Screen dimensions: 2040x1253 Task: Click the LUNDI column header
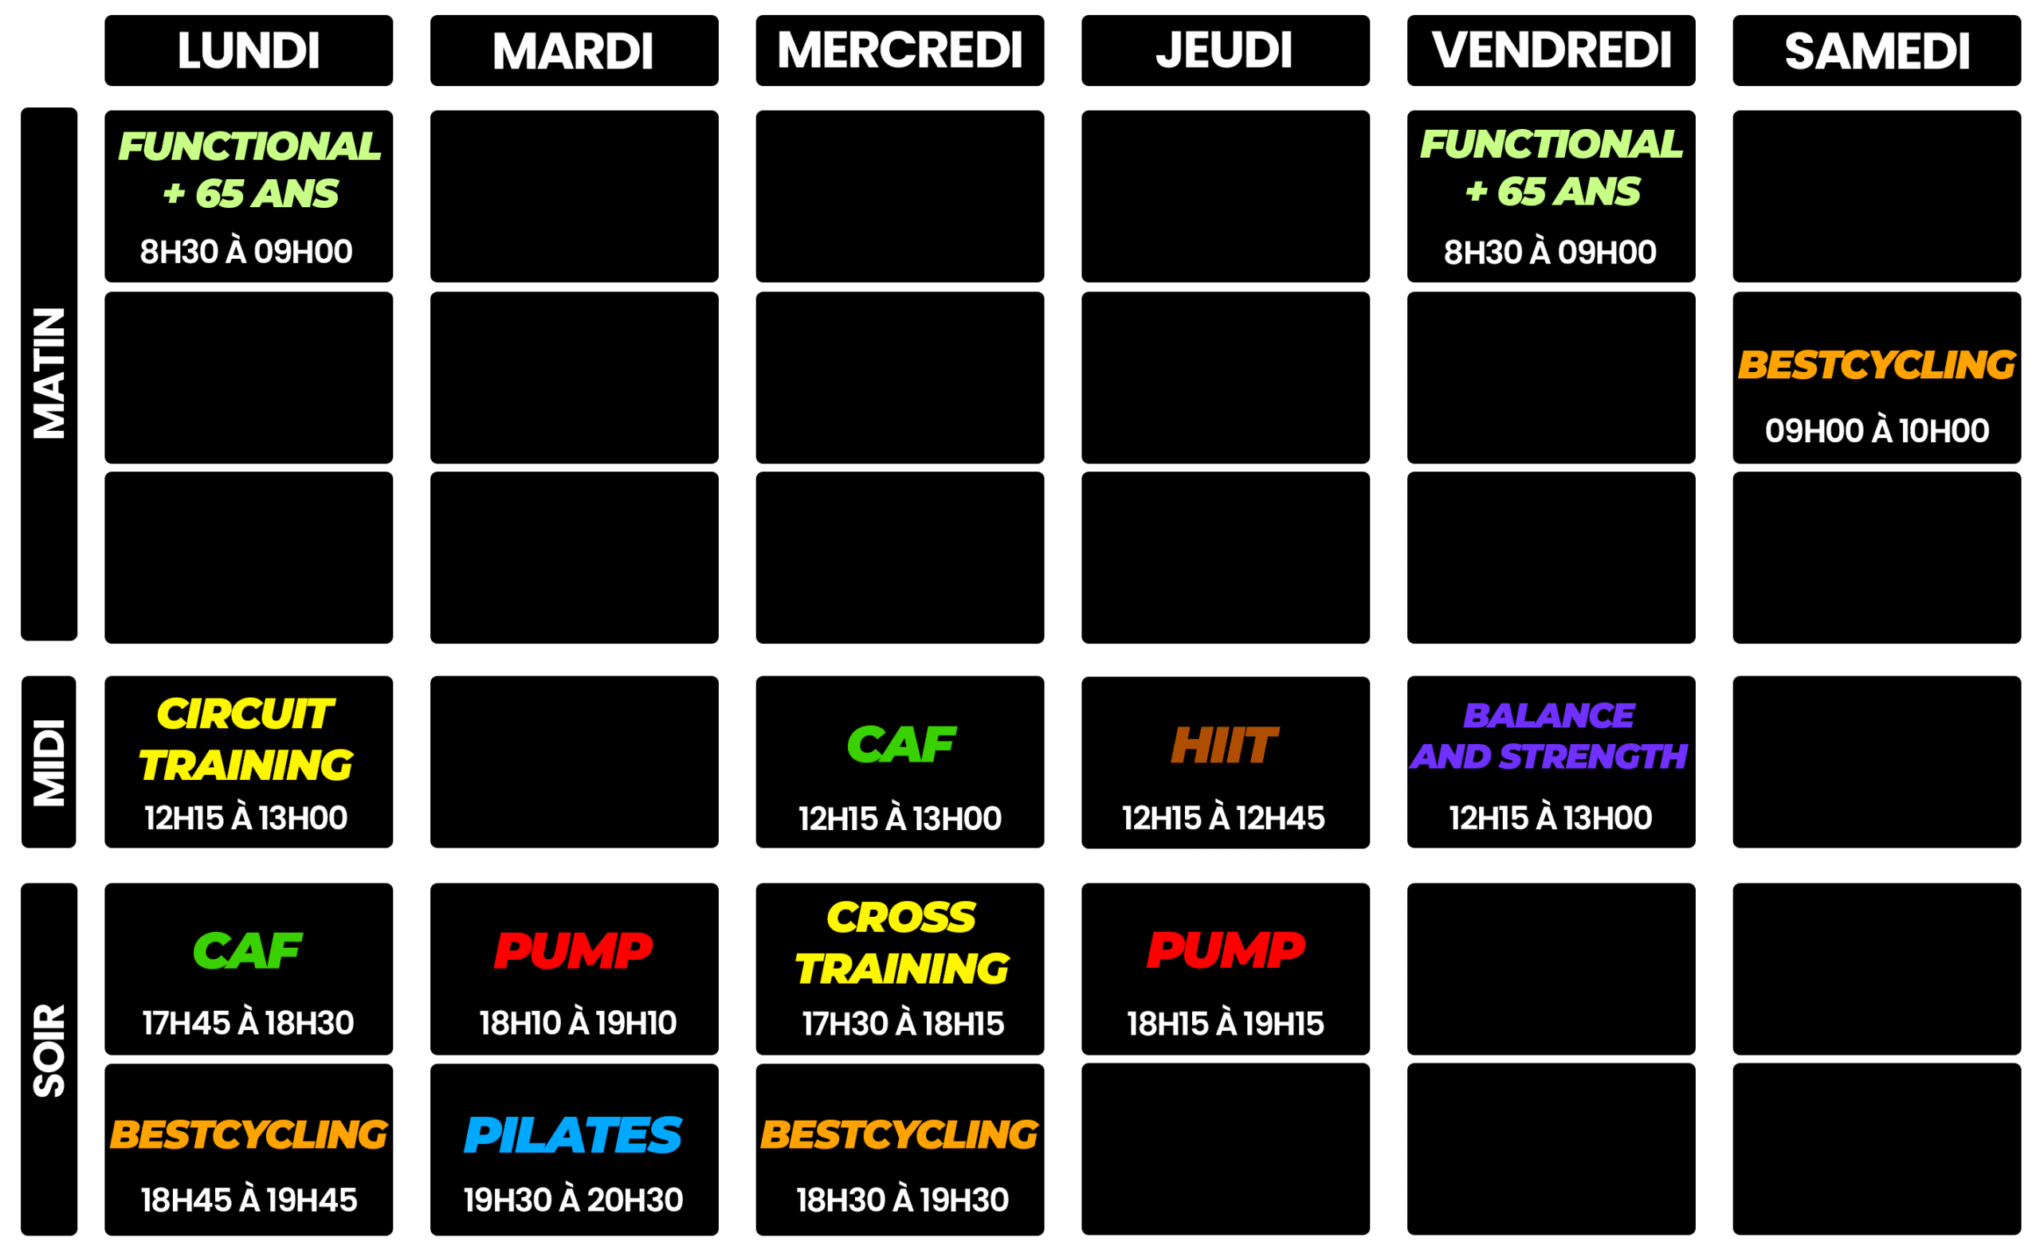[249, 50]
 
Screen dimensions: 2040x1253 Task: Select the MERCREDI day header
[900, 50]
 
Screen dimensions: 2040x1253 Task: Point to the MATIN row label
[49, 373]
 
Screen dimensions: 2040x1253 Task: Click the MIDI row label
[49, 762]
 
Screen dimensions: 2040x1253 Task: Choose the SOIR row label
[49, 1051]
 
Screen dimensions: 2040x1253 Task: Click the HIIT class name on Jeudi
[1223, 744]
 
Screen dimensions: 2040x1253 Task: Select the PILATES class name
[573, 1134]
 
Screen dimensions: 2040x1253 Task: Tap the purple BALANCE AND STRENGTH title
[1548, 736]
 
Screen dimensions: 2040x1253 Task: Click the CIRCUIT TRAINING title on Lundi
[246, 739]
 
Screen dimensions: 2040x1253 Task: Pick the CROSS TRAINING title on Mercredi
[902, 943]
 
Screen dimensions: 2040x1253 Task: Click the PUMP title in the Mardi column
[573, 950]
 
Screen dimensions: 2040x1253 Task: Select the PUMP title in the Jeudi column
[1225, 950]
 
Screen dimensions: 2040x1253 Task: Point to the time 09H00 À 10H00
[1876, 431]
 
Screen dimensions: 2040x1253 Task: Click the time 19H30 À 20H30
[573, 1200]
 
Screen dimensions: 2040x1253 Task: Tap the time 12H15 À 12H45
[1223, 818]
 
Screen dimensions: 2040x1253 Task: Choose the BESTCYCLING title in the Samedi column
[1876, 365]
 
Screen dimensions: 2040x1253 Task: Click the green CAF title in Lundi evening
[247, 950]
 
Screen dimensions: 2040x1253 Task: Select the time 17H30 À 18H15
[902, 1024]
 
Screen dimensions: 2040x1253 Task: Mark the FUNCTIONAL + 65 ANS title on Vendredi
[1550, 167]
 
